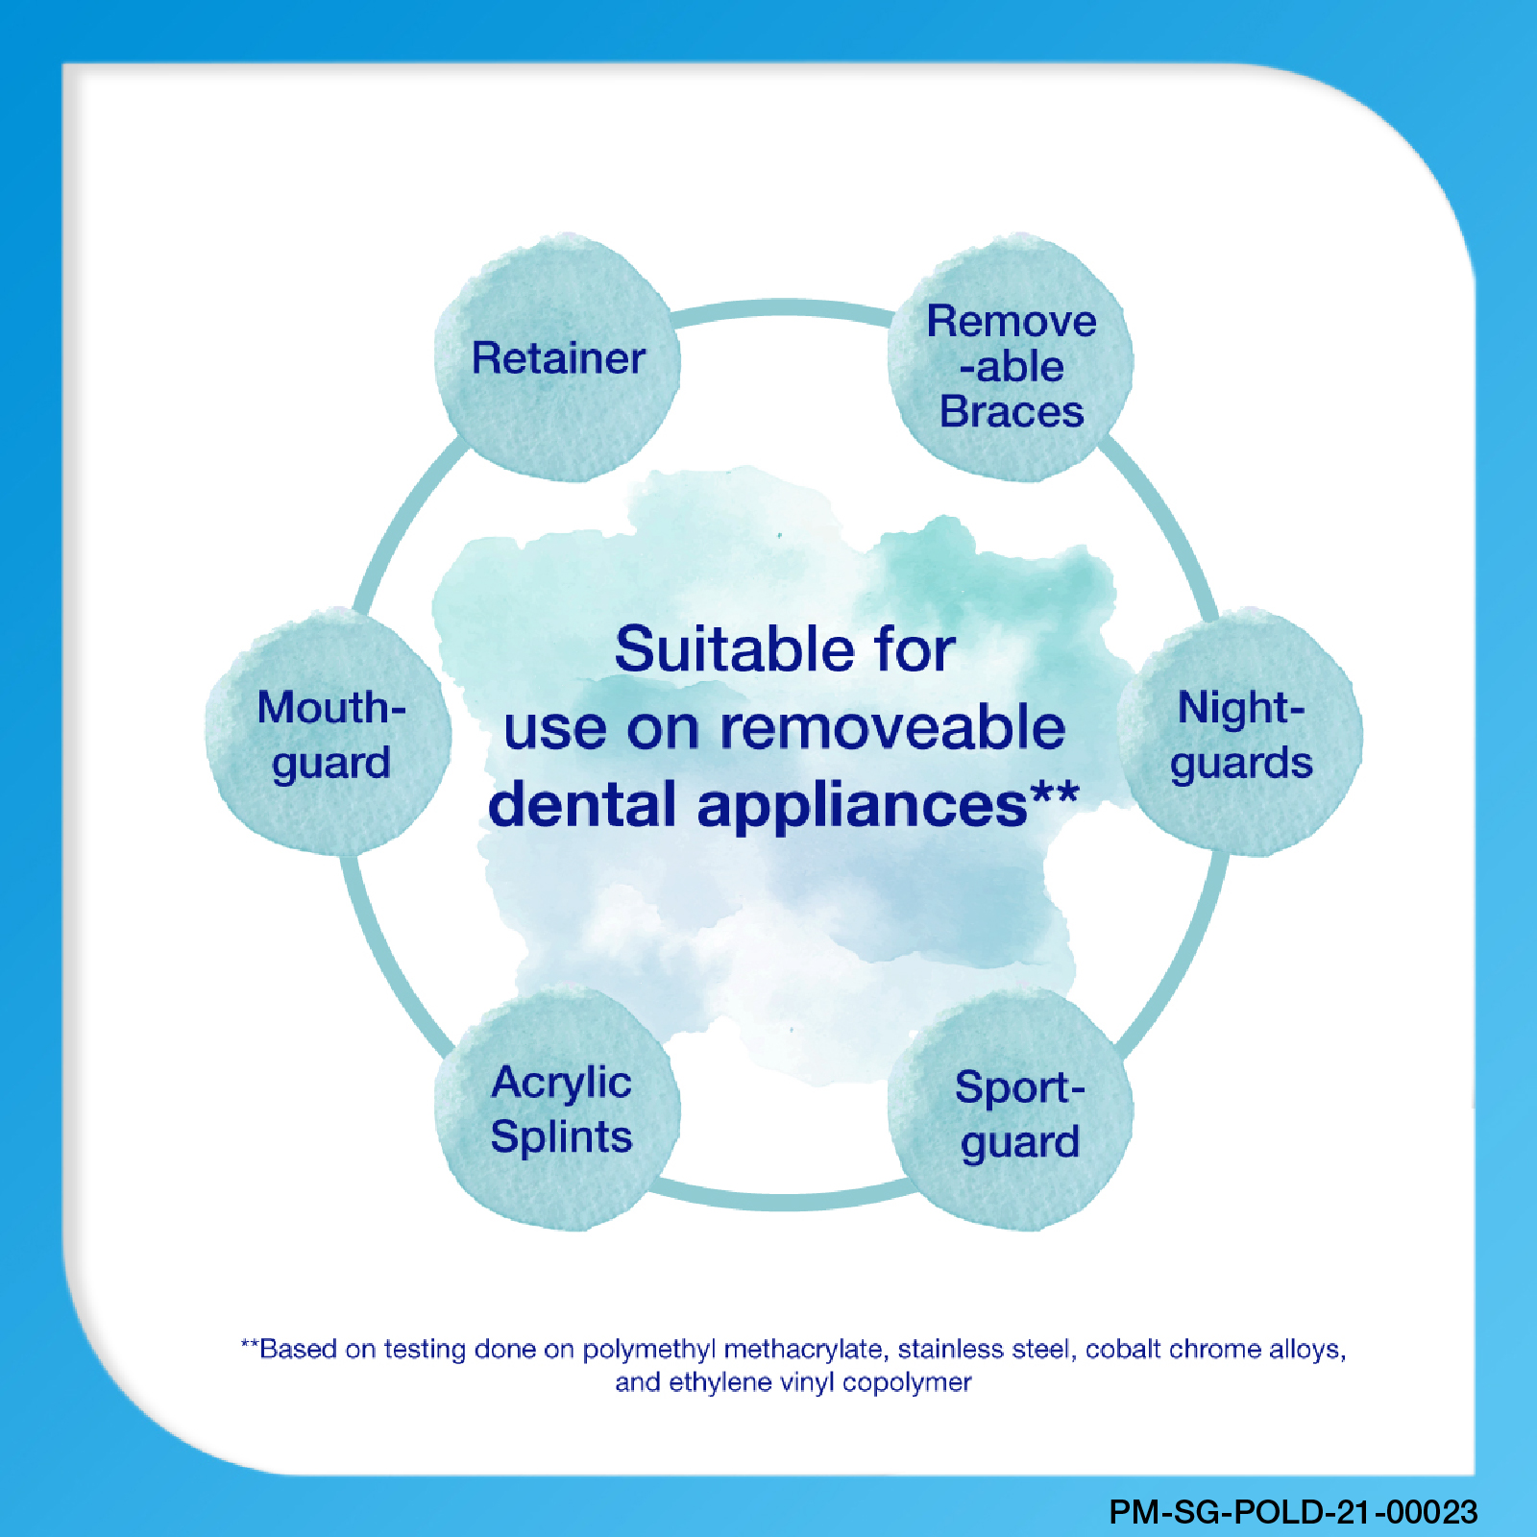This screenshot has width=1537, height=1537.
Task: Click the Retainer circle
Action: point(557,357)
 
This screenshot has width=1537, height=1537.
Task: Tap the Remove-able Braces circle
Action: point(1011,357)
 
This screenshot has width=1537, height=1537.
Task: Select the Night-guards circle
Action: point(1240,732)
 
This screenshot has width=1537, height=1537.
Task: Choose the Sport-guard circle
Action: point(1011,1110)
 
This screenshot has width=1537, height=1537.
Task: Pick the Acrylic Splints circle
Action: point(557,1110)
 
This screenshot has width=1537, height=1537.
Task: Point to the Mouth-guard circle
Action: point(329,732)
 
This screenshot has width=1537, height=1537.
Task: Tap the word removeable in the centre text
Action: point(892,727)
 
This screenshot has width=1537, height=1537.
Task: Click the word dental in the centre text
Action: point(582,804)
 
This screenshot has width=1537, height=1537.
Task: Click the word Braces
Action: point(1012,412)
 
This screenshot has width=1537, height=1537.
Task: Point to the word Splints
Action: point(561,1137)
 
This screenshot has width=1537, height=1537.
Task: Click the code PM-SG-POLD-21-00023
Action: point(1293,1512)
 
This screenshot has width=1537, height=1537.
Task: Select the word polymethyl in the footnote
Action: point(649,1350)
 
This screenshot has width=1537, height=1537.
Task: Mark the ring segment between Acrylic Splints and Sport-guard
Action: point(784,1201)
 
